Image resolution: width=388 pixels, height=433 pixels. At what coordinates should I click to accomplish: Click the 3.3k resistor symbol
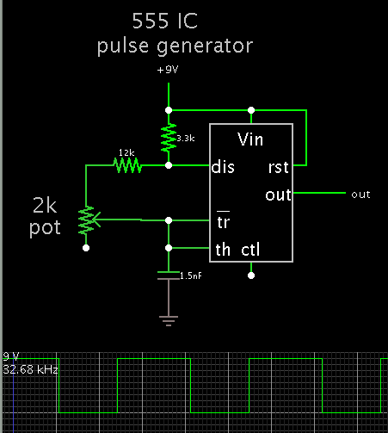tap(169, 138)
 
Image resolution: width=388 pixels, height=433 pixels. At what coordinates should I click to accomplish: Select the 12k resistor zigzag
tap(127, 165)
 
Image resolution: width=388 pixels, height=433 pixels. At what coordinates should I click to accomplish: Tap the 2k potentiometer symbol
tap(89, 220)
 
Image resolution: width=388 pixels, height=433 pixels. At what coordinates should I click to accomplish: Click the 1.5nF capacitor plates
tap(169, 275)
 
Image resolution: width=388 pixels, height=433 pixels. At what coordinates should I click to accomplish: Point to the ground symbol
tap(169, 321)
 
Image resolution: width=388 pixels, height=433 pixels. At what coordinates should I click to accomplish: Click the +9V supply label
tap(168, 70)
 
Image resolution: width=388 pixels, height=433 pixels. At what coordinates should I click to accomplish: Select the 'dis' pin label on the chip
tap(223, 167)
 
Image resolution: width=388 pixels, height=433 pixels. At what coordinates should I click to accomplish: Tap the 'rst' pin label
tap(278, 167)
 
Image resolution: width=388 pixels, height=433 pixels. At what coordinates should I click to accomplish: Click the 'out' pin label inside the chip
tap(278, 195)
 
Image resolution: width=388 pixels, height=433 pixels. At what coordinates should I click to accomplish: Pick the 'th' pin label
tap(223, 250)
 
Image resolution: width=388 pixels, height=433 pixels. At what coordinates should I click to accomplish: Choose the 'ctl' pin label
tap(250, 250)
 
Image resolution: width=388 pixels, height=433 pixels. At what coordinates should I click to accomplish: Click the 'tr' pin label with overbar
tap(224, 220)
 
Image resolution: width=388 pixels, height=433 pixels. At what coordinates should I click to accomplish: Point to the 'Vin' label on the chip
tap(250, 139)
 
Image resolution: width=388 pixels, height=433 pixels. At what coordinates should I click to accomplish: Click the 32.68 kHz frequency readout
tap(30, 369)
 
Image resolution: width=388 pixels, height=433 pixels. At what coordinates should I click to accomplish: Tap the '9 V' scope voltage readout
tap(11, 356)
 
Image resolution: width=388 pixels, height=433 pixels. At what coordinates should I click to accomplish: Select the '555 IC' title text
tap(165, 21)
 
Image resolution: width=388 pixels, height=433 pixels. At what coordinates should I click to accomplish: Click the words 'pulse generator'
tap(175, 46)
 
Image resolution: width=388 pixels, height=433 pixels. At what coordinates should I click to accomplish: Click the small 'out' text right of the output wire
tap(360, 195)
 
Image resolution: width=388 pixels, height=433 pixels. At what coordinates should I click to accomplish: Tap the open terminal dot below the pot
tap(86, 248)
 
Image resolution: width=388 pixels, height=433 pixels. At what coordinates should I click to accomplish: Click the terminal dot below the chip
tap(251, 275)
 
